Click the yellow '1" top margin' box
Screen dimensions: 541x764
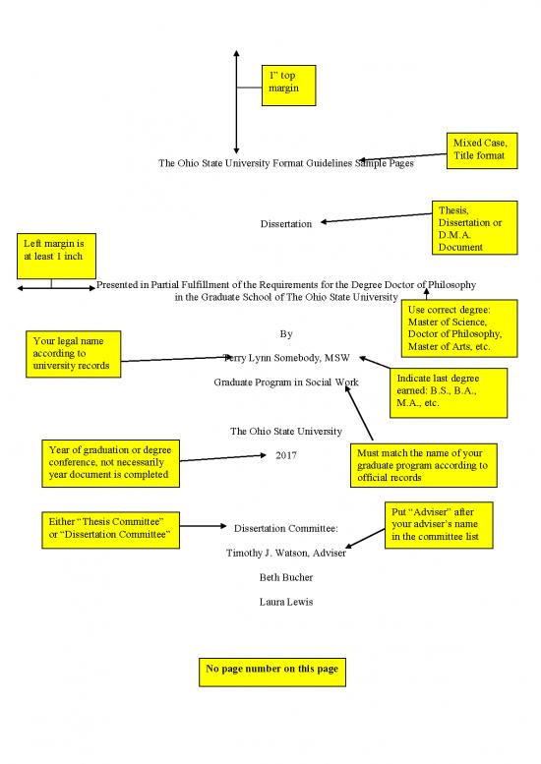click(288, 86)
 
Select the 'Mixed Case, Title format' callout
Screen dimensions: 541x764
click(482, 150)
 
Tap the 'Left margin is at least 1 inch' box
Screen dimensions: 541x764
click(56, 256)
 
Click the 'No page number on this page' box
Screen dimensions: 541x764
click(271, 672)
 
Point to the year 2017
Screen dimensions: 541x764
click(285, 455)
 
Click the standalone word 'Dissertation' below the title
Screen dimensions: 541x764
click(285, 223)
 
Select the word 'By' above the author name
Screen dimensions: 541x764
click(286, 333)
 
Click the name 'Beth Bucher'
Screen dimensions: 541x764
click(285, 577)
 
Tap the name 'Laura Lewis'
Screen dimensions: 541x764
click(285, 602)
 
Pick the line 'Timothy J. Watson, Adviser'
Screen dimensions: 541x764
click(285, 553)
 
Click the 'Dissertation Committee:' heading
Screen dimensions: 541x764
click(285, 528)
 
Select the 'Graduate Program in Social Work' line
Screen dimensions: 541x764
click(285, 382)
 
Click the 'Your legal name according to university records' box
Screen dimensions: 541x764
click(73, 354)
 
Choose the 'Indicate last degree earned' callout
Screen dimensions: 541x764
click(449, 392)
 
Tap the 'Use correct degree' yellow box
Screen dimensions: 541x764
click(459, 328)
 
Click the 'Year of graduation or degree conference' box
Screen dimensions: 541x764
click(110, 463)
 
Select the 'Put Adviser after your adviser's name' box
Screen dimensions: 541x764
click(439, 525)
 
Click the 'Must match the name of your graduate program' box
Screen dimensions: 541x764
click(424, 465)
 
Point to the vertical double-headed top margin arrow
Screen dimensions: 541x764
click(236, 102)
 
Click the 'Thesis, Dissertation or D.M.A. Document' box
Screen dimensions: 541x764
click(475, 227)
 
